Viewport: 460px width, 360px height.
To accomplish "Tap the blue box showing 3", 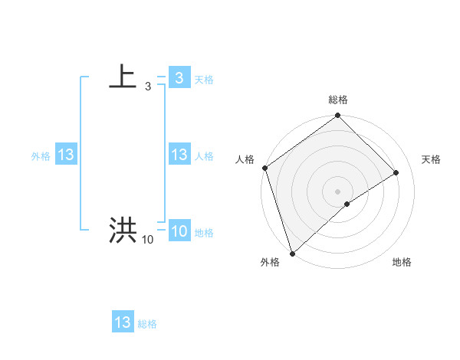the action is (x=179, y=78).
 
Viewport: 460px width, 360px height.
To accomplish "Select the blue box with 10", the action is (x=179, y=231).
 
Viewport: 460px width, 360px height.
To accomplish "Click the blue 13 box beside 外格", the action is (x=65, y=155).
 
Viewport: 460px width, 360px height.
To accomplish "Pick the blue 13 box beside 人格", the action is (x=179, y=155).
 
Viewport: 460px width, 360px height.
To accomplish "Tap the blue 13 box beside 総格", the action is (x=123, y=322).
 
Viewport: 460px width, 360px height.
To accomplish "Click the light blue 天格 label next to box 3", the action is (x=204, y=80).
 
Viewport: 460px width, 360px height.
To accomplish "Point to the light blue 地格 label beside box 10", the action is (x=204, y=233).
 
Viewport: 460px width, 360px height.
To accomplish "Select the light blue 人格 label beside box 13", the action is (x=204, y=156).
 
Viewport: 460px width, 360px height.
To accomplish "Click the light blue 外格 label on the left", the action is (x=41, y=156).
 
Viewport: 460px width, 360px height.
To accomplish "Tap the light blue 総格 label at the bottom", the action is (x=147, y=324).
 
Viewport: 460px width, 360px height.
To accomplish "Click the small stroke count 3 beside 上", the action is (x=147, y=87).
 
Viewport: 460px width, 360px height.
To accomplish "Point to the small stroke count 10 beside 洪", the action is (x=147, y=240).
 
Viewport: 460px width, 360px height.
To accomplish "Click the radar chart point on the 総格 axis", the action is (x=337, y=116).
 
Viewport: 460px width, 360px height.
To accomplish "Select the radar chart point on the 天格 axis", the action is (x=396, y=172).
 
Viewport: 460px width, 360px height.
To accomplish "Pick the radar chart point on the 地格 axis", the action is (x=347, y=204).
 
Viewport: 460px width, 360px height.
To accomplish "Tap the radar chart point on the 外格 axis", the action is (x=292, y=253).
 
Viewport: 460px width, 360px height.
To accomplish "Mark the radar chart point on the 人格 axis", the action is (x=264, y=168).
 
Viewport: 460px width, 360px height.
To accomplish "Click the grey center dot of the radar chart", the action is (x=337, y=191).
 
